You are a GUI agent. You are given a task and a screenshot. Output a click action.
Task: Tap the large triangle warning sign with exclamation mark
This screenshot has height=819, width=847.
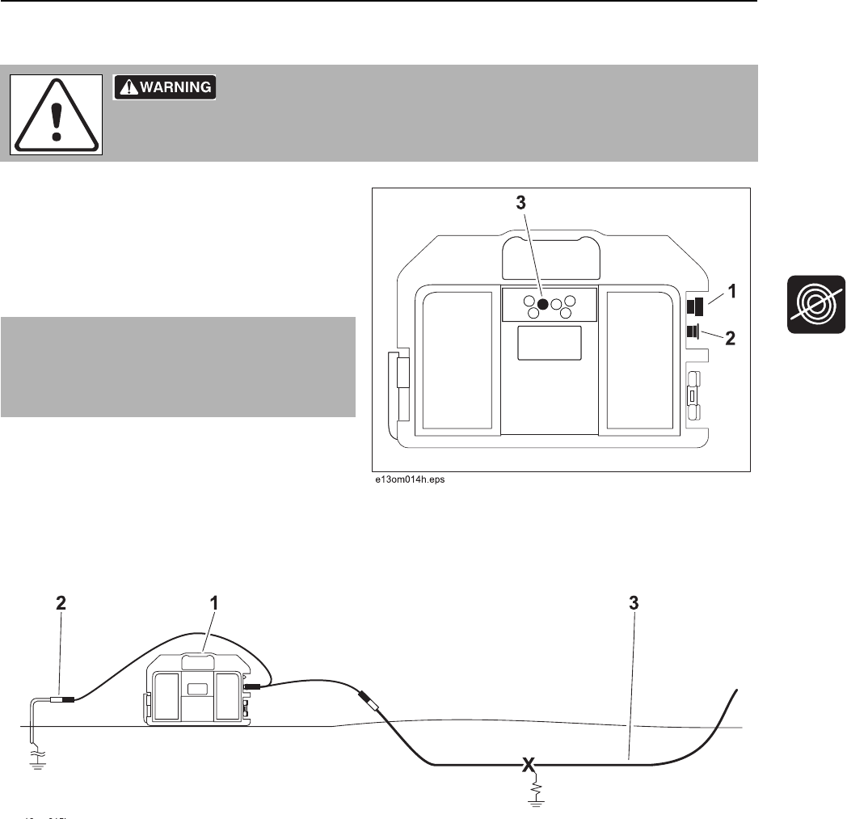tap(56, 115)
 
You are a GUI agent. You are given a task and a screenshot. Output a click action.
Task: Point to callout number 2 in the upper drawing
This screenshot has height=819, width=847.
tap(730, 340)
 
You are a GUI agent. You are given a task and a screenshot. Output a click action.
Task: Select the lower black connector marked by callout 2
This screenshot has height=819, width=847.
tap(693, 331)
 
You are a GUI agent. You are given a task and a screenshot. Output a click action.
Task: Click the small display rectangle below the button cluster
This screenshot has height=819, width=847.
tap(549, 343)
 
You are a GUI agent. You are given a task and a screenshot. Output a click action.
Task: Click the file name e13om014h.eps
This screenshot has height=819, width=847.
tap(408, 479)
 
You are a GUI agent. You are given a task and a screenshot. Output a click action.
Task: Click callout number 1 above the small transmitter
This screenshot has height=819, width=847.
tap(214, 603)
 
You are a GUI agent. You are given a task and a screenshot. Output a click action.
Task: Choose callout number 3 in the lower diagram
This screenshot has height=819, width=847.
tap(635, 603)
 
